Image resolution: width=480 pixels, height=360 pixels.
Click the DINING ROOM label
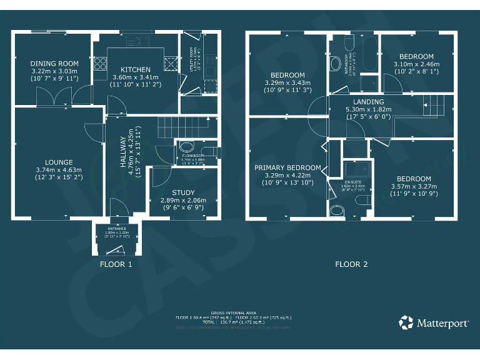click(55, 64)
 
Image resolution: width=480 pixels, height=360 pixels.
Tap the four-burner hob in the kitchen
click(100, 63)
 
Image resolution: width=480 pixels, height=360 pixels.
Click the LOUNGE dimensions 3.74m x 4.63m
click(55, 169)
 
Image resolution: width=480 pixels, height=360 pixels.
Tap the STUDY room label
click(184, 192)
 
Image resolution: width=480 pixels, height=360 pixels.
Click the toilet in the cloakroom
click(186, 147)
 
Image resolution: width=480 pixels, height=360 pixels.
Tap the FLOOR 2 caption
click(351, 264)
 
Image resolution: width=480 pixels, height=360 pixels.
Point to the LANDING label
click(368, 102)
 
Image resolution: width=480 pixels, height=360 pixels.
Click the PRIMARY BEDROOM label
click(287, 167)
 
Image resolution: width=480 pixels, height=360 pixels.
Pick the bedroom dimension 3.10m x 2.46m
click(417, 64)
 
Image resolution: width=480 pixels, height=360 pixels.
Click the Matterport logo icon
click(406, 323)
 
